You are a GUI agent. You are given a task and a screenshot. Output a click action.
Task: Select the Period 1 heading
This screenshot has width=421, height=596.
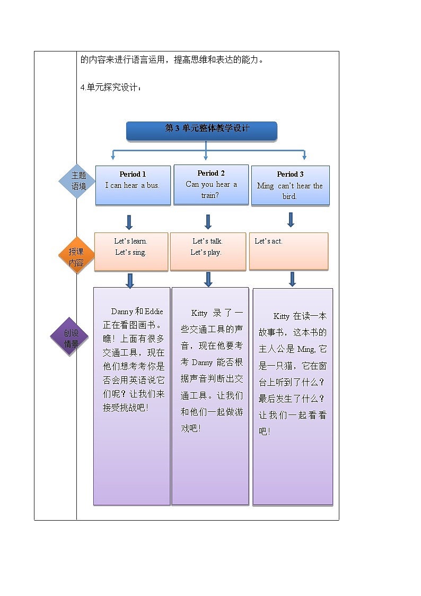click(133, 174)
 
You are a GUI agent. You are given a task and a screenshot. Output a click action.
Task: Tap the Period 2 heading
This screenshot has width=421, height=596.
click(211, 173)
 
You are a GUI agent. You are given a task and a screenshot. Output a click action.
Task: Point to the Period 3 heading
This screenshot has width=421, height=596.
click(290, 174)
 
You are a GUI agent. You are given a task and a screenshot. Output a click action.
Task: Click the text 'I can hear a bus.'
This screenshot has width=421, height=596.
click(133, 186)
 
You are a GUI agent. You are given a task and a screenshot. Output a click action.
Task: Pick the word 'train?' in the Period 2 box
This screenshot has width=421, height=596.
click(210, 195)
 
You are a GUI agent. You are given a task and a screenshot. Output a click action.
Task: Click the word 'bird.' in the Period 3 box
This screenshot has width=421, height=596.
click(290, 196)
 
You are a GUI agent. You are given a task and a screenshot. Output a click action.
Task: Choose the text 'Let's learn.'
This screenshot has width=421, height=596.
click(130, 241)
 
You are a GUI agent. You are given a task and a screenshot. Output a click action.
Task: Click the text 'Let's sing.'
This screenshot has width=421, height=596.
click(130, 252)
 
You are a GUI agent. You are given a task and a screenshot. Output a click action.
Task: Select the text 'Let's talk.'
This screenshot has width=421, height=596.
click(207, 241)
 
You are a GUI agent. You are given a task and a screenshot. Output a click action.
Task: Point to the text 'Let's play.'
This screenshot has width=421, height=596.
click(206, 252)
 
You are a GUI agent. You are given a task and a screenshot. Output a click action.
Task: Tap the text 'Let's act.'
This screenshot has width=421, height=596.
click(268, 241)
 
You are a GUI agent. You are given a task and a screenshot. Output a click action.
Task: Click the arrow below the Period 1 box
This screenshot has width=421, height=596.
click(129, 222)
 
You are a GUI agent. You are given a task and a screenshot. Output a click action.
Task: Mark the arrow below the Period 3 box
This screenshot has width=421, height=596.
click(291, 219)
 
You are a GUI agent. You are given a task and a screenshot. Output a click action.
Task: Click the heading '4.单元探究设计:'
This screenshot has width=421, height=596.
click(111, 87)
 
